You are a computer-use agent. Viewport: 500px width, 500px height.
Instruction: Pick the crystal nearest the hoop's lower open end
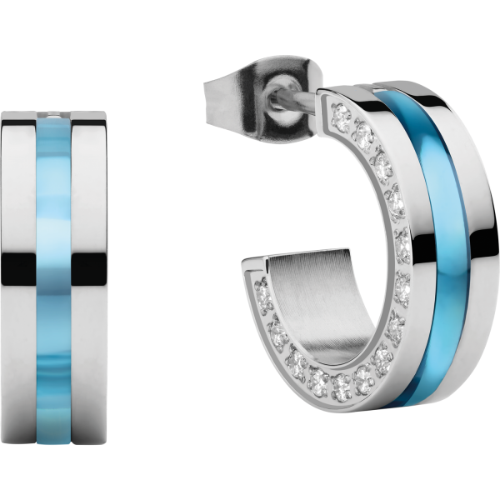265,292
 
